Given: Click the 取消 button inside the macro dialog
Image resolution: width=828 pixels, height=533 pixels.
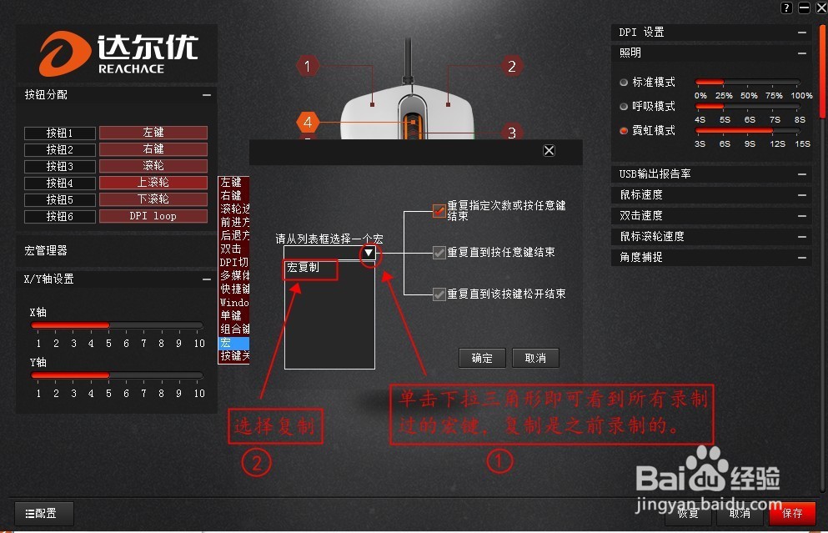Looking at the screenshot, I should [x=535, y=358].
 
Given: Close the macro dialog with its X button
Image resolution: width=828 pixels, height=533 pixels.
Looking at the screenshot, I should [x=549, y=150].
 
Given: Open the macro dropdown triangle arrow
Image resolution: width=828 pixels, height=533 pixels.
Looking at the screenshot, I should [x=369, y=253].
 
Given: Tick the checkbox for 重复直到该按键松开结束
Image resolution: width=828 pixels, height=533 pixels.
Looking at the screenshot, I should [x=439, y=294].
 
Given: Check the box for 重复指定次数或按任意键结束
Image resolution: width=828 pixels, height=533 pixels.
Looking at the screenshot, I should [x=439, y=210].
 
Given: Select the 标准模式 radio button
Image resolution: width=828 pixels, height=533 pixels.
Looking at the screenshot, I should [x=624, y=83].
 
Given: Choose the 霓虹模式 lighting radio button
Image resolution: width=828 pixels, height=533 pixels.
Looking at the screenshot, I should [x=624, y=131].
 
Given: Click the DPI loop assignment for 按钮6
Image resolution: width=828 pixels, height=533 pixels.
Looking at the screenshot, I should [x=153, y=216].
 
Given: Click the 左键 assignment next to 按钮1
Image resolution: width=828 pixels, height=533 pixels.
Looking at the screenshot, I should [x=153, y=133].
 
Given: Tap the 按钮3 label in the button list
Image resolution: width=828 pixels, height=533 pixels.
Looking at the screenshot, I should [x=59, y=166].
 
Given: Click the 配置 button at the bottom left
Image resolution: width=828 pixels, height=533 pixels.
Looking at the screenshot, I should [x=44, y=514].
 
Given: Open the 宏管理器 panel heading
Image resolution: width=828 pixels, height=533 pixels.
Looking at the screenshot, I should [x=46, y=250].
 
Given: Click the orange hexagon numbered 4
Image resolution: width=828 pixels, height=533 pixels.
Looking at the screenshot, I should [x=308, y=123].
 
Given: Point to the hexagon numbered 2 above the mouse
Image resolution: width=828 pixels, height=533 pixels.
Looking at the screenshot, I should [x=512, y=66].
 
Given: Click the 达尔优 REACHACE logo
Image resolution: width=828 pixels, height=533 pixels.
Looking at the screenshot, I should [x=116, y=54].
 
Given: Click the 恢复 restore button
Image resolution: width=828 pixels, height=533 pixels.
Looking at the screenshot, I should [x=688, y=513].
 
